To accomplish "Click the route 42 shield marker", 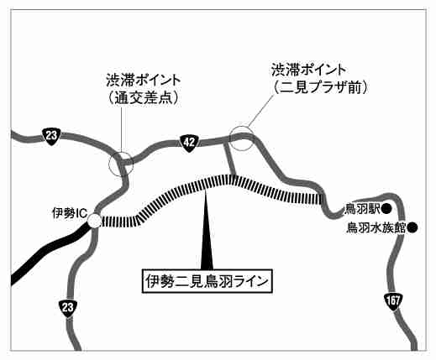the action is [x=189, y=143].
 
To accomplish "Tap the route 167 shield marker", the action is [x=393, y=301].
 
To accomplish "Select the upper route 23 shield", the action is [x=51, y=136].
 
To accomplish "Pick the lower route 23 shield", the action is [x=67, y=308].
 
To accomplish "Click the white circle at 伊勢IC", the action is [x=94, y=221].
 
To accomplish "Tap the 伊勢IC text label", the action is [x=70, y=213].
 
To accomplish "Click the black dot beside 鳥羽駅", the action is [x=386, y=208].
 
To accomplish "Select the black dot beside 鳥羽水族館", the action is [x=412, y=227].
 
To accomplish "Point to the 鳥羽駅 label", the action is [x=363, y=209].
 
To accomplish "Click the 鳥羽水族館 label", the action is [x=376, y=227].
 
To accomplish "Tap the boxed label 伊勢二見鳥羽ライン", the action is [x=207, y=281].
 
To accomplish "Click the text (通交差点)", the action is [x=144, y=98].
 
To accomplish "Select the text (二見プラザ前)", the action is [x=320, y=87].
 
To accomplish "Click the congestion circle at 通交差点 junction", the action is [x=109, y=164].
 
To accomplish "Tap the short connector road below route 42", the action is [x=230, y=158].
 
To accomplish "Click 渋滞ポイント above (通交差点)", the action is [x=144, y=81].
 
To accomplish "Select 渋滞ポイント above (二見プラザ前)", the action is [x=308, y=70].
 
